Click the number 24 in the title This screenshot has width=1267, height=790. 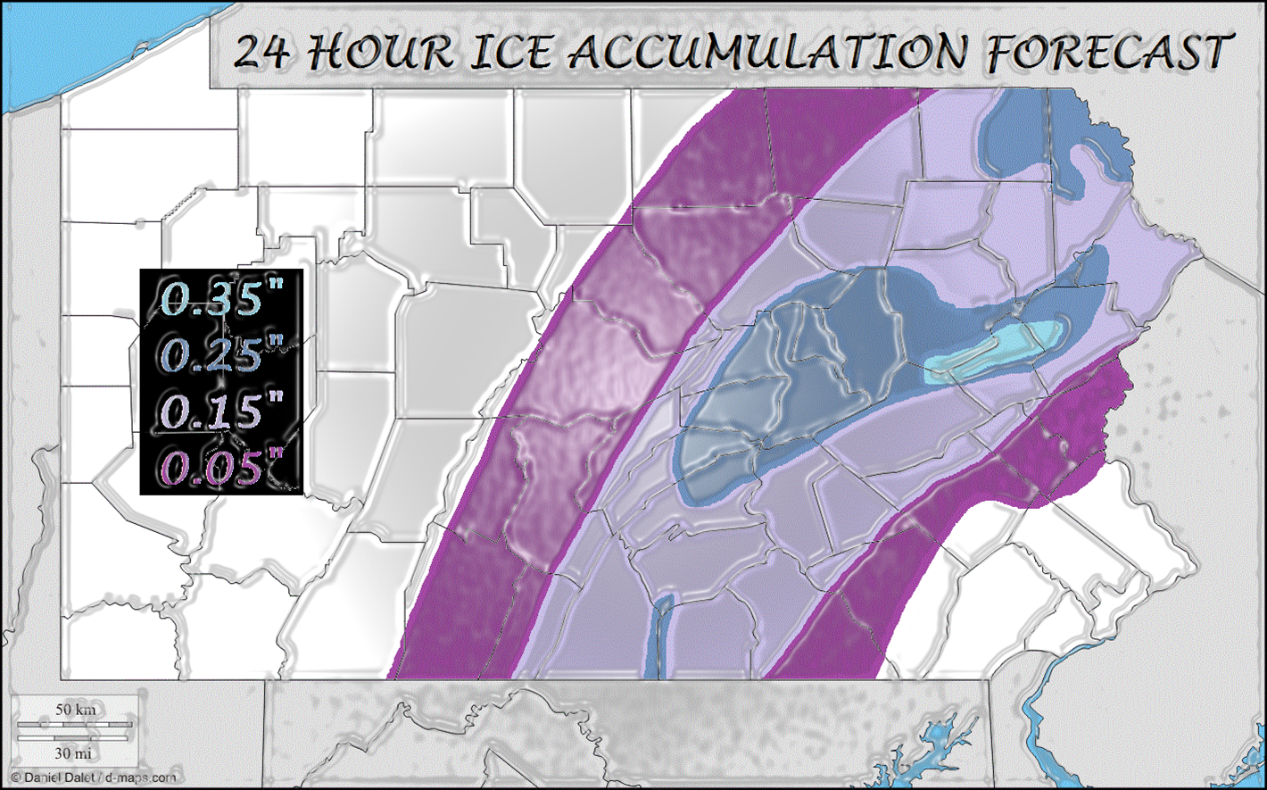[262, 53]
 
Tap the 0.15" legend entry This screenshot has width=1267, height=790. [219, 410]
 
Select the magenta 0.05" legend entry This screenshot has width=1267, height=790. [219, 466]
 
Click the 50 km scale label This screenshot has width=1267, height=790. [76, 710]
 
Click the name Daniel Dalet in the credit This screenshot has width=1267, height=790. [53, 778]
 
